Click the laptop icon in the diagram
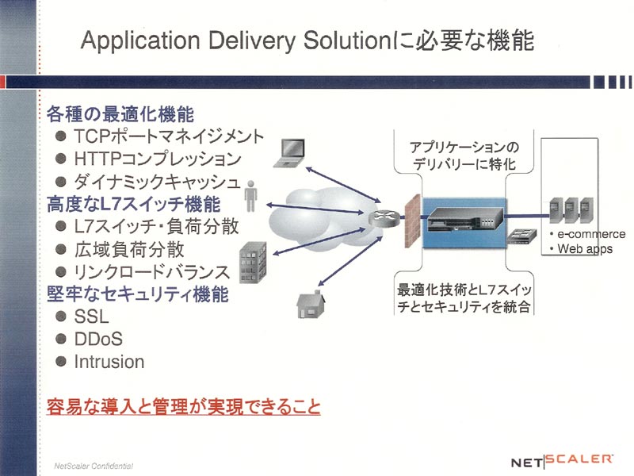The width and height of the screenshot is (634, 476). [289, 153]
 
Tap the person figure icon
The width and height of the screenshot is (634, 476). [250, 196]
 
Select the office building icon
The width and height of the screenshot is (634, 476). [253, 263]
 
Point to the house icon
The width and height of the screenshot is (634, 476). [311, 305]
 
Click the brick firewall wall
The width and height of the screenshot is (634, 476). [413, 221]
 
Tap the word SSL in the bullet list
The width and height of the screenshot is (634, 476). [91, 317]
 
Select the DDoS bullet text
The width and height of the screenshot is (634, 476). [98, 340]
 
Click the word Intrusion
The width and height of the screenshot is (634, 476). [109, 362]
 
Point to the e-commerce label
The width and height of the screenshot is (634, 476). [591, 234]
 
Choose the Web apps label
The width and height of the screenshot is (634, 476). [585, 248]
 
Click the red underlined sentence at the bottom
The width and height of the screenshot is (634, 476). [184, 406]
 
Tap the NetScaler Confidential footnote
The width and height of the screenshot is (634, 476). [94, 466]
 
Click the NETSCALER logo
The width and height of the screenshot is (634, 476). [562, 460]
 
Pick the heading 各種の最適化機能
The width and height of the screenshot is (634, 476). [120, 113]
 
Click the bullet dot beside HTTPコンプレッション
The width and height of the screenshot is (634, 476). [61, 159]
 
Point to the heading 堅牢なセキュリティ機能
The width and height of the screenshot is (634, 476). [137, 294]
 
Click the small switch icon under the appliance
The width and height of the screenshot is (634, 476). [522, 236]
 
